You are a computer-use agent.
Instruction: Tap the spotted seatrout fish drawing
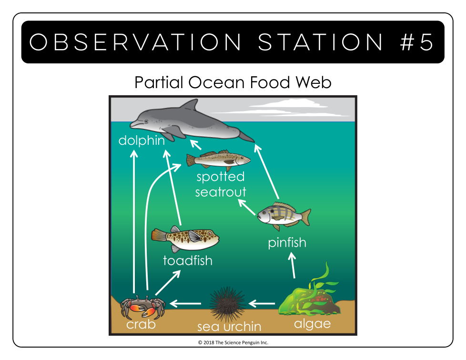coord(218,160)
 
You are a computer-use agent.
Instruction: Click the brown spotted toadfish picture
coord(185,239)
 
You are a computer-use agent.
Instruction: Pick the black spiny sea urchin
coord(228,304)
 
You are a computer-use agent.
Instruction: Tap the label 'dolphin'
coord(142,140)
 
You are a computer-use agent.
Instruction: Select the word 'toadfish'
coord(188,260)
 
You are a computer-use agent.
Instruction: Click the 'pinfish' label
coord(287,243)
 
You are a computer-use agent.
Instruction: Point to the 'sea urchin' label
coord(229,327)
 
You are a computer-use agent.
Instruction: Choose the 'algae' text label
coord(313,324)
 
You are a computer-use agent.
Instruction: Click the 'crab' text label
coord(141,324)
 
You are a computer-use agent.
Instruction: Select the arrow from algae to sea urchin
coord(262,303)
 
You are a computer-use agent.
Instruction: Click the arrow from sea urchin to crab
coord(185,303)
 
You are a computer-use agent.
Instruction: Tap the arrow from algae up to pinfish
coord(293,265)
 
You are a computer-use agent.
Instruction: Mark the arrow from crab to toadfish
coord(168,282)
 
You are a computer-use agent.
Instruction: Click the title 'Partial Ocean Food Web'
coord(233,82)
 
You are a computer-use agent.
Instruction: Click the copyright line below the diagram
coord(233,342)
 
